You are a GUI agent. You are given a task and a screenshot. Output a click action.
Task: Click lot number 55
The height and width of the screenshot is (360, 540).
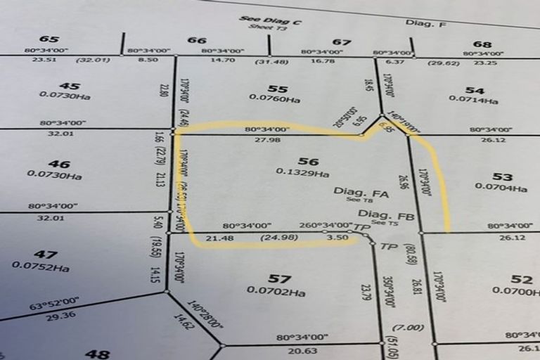coord(278,89)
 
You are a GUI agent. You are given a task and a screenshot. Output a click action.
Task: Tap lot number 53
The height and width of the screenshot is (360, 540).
coord(502,176)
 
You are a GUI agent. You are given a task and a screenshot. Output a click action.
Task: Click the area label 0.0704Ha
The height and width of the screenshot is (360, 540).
coord(501,188)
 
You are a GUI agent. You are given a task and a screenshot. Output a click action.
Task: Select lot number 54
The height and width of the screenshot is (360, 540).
coord(475,90)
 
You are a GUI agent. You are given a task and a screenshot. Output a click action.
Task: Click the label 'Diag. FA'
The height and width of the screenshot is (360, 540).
coord(352,191)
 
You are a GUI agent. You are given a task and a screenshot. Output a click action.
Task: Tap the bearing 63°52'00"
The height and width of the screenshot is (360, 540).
coord(53,307)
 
